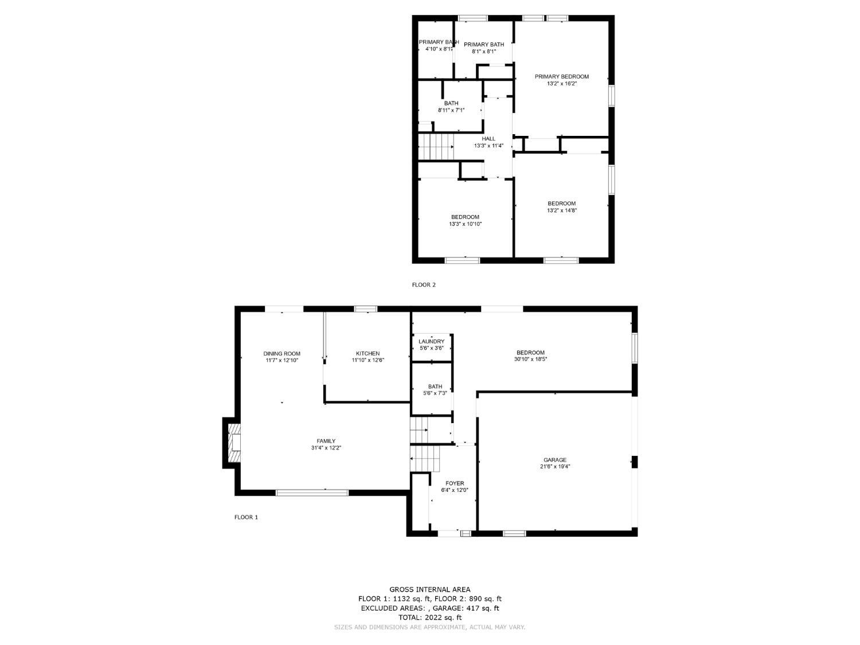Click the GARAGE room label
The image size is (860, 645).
[x=554, y=460]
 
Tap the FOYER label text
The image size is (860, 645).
[x=455, y=483]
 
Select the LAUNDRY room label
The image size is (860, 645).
[x=431, y=342]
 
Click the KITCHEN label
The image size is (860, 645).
[x=368, y=354]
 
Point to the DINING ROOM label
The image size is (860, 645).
[x=282, y=354]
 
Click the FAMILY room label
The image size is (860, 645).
[x=326, y=441]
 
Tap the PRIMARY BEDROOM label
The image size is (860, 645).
[x=561, y=77]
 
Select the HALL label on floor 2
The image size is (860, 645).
[x=488, y=139]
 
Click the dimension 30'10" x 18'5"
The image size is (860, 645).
[x=530, y=359]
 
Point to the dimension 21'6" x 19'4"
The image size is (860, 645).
[x=554, y=467]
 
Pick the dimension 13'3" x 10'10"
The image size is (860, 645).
[x=465, y=224]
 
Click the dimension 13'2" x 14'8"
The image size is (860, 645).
[x=561, y=210]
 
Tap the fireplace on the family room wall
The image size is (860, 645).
[x=234, y=443]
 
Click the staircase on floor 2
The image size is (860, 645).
[x=436, y=147]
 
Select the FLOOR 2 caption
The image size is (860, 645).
[x=424, y=285]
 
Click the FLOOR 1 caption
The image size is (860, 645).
[x=246, y=517]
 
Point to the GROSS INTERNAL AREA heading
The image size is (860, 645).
[x=429, y=589]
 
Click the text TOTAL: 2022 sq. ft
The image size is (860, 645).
[x=429, y=617]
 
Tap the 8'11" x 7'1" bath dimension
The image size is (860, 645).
[x=451, y=110]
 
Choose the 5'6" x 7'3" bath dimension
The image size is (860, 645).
[x=435, y=393]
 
